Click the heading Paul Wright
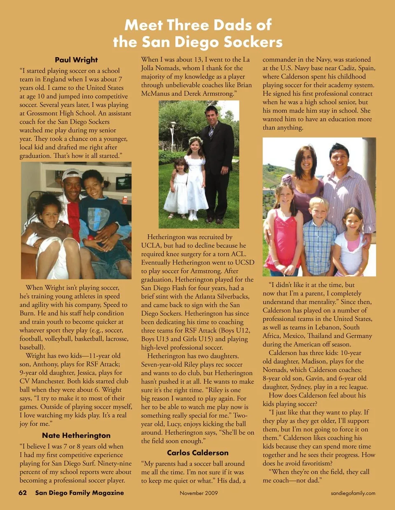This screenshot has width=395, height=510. click(76, 60)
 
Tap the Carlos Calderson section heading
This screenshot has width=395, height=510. click(197, 452)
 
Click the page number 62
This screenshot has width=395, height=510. click(23, 493)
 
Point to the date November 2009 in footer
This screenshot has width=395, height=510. click(199, 493)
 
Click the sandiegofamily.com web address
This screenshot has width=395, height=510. click(353, 493)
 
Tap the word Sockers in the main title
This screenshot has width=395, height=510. click(253, 42)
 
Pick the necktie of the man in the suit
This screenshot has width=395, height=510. click(211, 131)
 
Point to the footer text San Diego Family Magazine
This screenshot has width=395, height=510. click(79, 493)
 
